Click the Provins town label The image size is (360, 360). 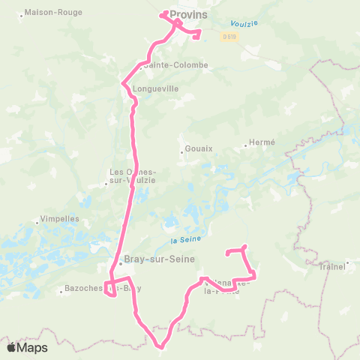click(x=188, y=13)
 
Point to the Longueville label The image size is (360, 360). click(x=155, y=88)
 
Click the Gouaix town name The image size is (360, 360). click(x=199, y=148)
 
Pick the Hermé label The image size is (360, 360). click(x=263, y=142)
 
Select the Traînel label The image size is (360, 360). click(x=332, y=265)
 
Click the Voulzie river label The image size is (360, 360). click(x=244, y=23)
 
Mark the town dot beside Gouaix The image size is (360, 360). click(x=181, y=152)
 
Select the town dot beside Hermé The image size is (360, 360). click(x=246, y=145)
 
